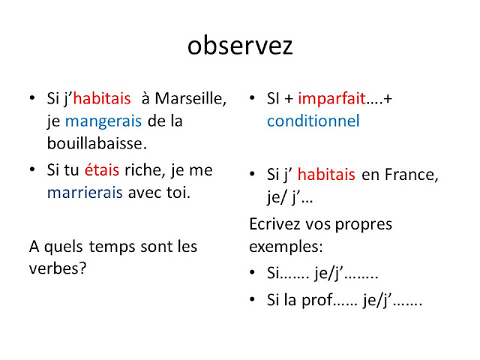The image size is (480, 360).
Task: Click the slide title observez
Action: (240, 46)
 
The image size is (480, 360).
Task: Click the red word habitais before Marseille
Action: (102, 99)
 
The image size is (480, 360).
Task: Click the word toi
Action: (177, 192)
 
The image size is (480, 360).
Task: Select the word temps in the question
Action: (112, 246)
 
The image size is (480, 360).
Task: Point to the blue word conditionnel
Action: (313, 121)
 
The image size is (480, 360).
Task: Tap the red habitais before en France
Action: (326, 175)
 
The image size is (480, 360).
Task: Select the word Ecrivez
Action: (275, 224)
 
